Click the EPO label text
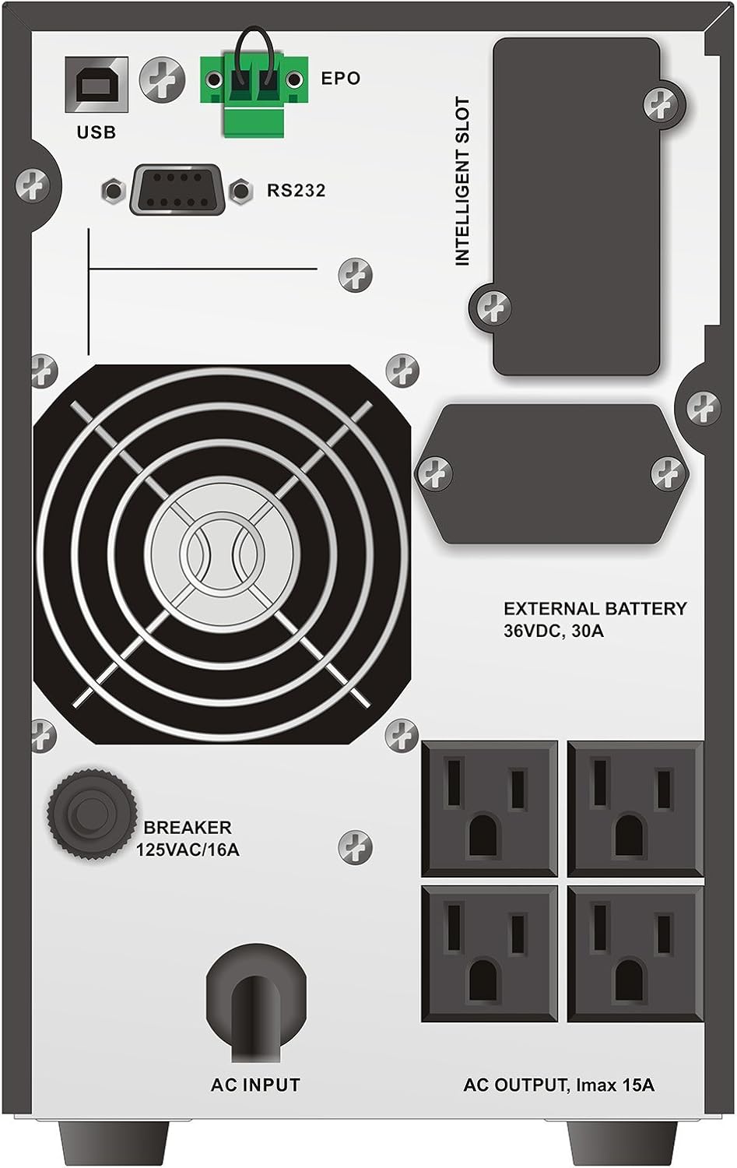tap(341, 78)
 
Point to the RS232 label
tap(296, 190)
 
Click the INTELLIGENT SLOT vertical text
tap(463, 181)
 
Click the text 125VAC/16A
tap(188, 850)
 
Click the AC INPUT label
tap(255, 1084)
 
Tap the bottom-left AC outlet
tap(490, 953)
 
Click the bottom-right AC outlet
tap(635, 953)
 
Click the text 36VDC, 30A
tap(553, 631)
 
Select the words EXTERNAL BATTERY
tap(595, 609)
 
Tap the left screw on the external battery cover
tap(435, 471)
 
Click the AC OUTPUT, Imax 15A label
tap(559, 1084)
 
